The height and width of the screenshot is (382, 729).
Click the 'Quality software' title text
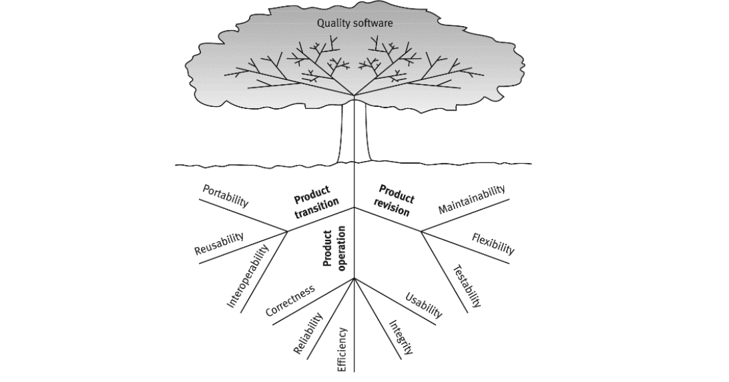tap(355, 23)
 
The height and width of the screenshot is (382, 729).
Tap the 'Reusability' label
tap(219, 244)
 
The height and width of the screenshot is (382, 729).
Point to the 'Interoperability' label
tap(248, 275)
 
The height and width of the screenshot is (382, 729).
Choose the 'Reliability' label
tap(308, 334)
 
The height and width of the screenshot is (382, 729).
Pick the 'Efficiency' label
tap(342, 349)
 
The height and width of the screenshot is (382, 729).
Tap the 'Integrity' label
tap(401, 337)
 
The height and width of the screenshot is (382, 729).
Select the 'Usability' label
tap(424, 304)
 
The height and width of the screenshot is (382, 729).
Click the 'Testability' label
tap(467, 286)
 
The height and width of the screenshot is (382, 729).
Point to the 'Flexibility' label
tap(493, 244)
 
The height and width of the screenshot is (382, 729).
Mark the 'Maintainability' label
tap(472, 200)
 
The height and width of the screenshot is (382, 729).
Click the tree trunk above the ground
tap(354, 134)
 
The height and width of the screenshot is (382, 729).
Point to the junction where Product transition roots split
tap(288, 232)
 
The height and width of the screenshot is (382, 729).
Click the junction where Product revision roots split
tap(421, 232)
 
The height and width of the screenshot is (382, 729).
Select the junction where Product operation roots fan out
tap(354, 278)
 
